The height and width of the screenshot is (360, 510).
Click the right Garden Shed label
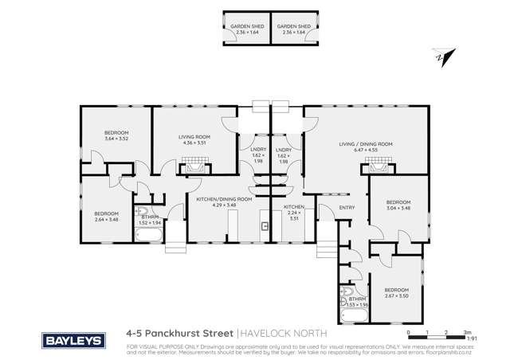[x=293, y=29]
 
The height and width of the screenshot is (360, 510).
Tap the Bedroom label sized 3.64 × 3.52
[x=116, y=135]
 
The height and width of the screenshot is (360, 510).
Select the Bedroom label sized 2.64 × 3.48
[x=107, y=216]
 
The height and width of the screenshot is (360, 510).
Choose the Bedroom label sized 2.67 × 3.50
[x=396, y=292]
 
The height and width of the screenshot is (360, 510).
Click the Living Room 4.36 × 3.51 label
[x=193, y=140]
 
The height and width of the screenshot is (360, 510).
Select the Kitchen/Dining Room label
[x=224, y=202]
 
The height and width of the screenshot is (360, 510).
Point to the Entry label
[x=347, y=208]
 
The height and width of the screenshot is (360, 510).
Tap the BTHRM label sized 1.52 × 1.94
[x=151, y=220]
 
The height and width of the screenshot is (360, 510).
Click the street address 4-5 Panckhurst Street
[x=179, y=336]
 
